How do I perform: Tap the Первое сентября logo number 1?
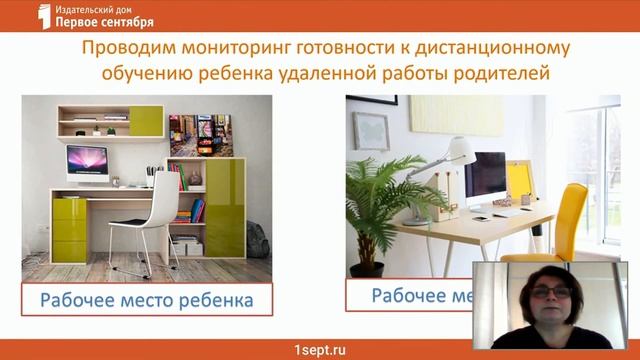[43, 15]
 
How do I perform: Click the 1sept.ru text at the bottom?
[319, 348]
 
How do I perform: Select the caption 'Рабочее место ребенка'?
[147, 299]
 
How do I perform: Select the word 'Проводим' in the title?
[120, 49]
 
